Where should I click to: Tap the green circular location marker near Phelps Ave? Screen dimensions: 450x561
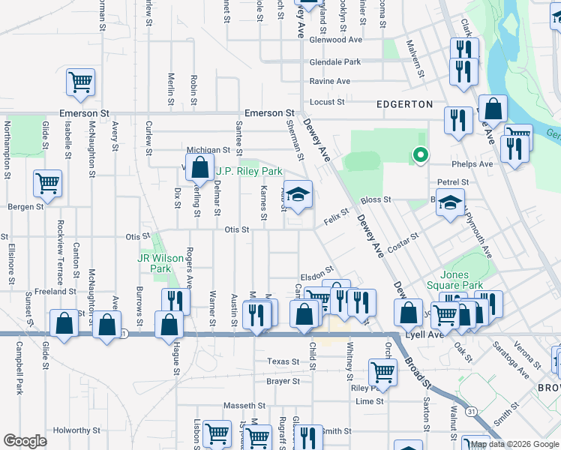(421, 156)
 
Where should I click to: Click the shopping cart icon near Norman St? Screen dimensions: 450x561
(80, 82)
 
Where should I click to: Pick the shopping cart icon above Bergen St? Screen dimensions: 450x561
(47, 183)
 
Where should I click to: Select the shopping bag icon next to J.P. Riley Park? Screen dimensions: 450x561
(199, 168)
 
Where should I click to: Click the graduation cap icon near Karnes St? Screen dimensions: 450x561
(298, 196)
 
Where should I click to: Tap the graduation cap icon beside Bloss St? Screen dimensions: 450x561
(450, 204)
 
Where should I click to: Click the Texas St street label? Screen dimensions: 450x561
(283, 361)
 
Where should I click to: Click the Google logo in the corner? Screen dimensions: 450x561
(25, 441)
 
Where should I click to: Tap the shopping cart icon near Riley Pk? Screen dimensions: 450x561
(382, 370)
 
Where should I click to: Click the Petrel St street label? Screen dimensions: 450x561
(453, 181)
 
